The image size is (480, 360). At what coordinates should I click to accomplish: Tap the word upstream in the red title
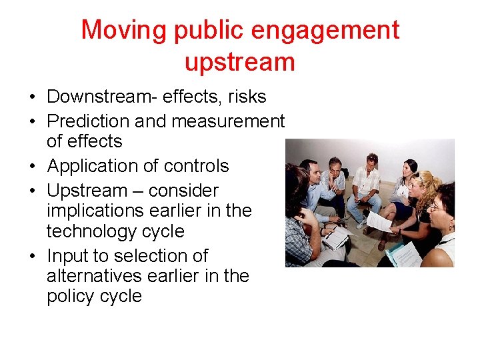239,62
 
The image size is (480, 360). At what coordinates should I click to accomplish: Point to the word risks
247,97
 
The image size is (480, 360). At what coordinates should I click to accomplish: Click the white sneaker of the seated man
361,225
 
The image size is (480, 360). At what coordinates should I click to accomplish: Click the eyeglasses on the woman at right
437,208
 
